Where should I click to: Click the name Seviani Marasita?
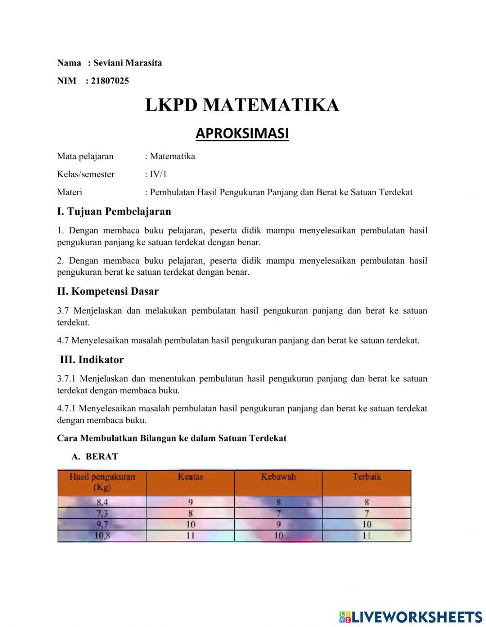pos(127,63)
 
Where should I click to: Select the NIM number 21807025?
pos(110,81)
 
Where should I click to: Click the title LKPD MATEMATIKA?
pos(242,105)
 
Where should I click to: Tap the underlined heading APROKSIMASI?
pos(242,133)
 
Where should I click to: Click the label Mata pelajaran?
pos(85,156)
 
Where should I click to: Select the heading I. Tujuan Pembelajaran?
pos(114,211)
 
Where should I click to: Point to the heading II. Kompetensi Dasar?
pos(107,291)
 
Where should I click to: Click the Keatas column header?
pos(191,477)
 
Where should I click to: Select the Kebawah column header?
pos(278,477)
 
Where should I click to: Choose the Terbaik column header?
pos(366,477)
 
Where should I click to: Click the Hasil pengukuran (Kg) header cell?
pos(102,482)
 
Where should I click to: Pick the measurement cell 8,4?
pos(102,502)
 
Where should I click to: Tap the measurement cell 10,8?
pos(102,536)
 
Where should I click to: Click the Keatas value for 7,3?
pos(191,513)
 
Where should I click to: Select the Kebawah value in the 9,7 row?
pos(278,525)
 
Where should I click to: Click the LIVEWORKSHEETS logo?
pos(411,617)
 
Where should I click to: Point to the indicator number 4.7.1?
pos(67,408)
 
